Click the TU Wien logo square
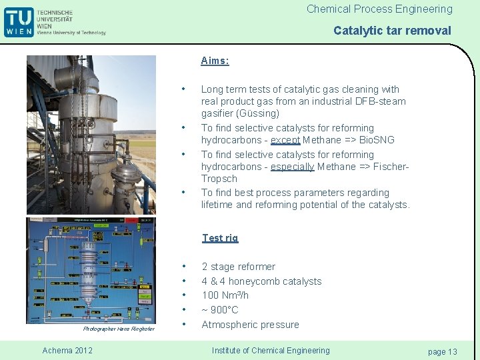(x=19, y=22)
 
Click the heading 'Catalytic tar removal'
(x=392, y=31)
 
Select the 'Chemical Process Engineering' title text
(x=379, y=9)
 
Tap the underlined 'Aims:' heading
(x=215, y=61)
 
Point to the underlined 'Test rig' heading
(x=220, y=238)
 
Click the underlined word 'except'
(x=285, y=140)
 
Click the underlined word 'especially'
(x=292, y=167)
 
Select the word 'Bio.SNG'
(x=377, y=140)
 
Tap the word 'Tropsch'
(x=219, y=179)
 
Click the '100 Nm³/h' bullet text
(x=225, y=295)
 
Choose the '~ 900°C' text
(x=219, y=310)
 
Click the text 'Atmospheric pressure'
(x=250, y=325)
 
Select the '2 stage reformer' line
(x=238, y=267)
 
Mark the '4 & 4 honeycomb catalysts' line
(x=261, y=281)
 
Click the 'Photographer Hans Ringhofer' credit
(x=119, y=329)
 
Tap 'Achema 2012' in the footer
(x=67, y=351)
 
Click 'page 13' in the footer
(x=443, y=351)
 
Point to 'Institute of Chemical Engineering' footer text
(x=270, y=351)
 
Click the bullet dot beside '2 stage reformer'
(x=183, y=267)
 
